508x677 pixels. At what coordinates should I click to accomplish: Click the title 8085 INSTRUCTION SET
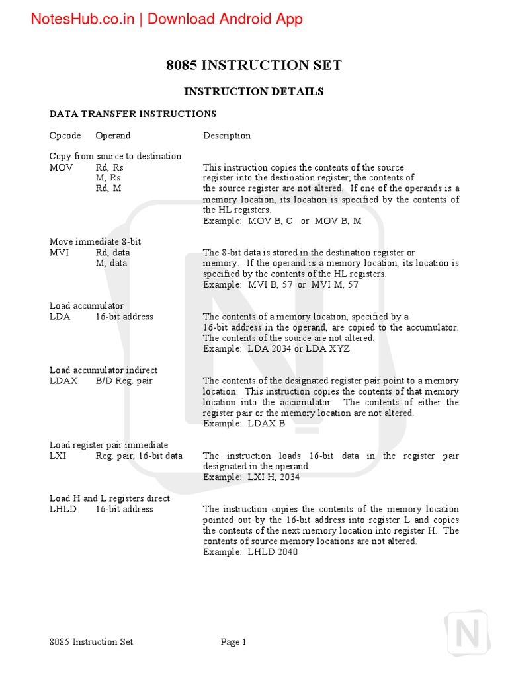pos(253,65)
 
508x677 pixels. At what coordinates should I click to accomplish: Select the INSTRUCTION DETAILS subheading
pos(253,91)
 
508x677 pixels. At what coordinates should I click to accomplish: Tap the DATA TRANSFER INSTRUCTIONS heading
pos(133,114)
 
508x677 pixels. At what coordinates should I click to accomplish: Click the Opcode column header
pos(65,136)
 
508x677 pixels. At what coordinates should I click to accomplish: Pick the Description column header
pos(227,136)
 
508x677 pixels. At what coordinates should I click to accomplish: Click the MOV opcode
pos(61,167)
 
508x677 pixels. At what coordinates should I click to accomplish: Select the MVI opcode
pos(59,253)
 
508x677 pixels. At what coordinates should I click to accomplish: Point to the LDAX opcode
pos(63,381)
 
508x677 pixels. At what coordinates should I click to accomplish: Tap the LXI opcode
pos(58,456)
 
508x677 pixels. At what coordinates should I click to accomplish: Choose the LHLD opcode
pos(63,509)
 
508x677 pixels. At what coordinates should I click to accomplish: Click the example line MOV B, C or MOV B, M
pos(282,221)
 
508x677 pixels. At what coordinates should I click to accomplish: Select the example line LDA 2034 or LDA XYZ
pos(276,348)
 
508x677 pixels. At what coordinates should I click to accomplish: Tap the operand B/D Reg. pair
pos(124,381)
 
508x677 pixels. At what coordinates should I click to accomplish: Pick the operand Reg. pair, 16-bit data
pos(139,456)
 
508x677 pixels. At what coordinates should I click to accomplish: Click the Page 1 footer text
pos(233,642)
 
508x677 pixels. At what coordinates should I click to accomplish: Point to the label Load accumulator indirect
pos(103,370)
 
